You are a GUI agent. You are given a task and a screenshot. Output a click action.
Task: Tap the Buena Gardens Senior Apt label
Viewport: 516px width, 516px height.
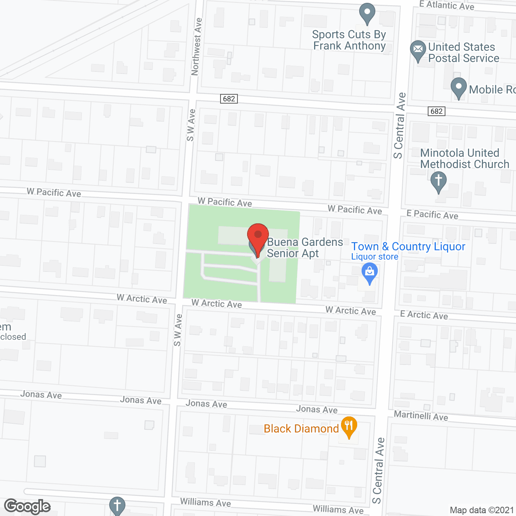(305, 248)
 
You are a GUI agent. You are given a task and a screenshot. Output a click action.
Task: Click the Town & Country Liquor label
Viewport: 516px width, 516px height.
(408, 246)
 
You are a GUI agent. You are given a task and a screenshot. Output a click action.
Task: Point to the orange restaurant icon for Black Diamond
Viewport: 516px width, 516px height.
(349, 426)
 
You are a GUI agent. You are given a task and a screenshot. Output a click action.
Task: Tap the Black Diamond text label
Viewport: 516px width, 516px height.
(301, 429)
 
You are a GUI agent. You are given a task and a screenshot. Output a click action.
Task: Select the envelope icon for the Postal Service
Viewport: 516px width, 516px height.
(418, 50)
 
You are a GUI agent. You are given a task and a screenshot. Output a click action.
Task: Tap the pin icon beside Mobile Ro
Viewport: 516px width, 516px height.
(458, 87)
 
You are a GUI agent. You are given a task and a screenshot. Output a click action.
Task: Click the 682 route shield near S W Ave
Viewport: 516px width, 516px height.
(229, 99)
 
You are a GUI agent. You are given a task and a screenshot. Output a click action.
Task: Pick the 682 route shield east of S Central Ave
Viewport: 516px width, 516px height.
(437, 111)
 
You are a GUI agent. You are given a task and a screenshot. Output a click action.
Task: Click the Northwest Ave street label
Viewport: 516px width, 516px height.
(196, 47)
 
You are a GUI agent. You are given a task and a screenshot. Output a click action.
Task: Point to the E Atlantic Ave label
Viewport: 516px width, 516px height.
(447, 5)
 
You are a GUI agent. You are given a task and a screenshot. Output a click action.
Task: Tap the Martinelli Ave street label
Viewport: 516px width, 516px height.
(421, 416)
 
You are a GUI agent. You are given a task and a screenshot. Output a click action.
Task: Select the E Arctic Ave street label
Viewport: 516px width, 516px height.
(424, 315)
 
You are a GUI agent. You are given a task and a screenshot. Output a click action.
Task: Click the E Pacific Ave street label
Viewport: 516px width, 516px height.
(432, 214)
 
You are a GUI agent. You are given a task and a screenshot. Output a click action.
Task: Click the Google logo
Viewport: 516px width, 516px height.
(27, 506)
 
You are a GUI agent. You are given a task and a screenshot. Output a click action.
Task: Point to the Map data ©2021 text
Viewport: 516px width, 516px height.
(482, 510)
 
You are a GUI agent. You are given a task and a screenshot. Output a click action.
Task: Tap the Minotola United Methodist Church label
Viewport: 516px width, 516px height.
(464, 158)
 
